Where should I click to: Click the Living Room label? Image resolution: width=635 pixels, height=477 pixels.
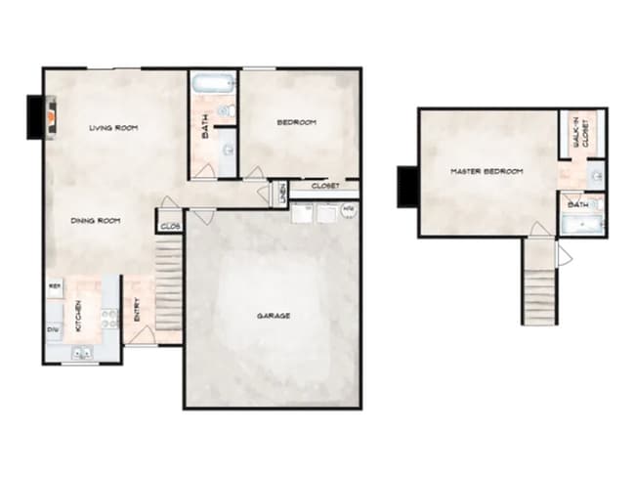coord(111,128)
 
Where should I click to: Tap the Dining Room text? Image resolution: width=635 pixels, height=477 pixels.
coord(96,221)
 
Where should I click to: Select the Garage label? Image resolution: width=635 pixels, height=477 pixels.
coord(275,316)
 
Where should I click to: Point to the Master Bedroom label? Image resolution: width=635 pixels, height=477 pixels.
coord(486,172)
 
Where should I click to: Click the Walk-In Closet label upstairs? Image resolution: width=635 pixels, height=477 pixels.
coord(581,133)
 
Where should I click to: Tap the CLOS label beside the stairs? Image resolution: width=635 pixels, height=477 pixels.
coord(169,226)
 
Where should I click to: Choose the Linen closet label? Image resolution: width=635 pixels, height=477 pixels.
coord(281,193)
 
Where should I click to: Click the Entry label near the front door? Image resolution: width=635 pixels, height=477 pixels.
coord(137,311)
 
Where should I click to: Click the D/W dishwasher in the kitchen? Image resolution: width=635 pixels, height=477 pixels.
coord(53,329)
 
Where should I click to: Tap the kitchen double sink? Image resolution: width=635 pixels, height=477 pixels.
coord(81,353)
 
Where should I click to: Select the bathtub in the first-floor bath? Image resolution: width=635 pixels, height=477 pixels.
coord(207,83)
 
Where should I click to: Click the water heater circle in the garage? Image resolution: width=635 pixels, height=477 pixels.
coord(349,209)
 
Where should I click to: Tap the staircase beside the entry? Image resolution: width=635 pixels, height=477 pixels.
coord(169,288)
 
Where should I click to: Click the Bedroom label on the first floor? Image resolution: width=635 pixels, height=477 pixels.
coord(296,122)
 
